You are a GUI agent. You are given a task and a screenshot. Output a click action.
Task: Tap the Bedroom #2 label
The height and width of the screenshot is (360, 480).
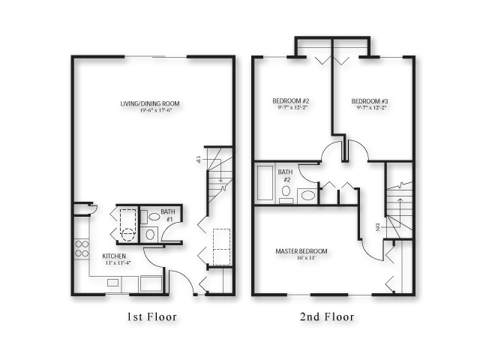[291, 101]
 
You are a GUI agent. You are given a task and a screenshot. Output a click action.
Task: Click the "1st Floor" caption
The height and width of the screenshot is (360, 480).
[151, 317]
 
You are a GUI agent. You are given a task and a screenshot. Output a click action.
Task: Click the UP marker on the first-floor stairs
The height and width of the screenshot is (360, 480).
[198, 158]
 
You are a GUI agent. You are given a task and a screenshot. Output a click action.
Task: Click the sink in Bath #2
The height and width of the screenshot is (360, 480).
[308, 196]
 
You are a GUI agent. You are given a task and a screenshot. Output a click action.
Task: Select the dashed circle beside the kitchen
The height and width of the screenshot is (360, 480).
[128, 233]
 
